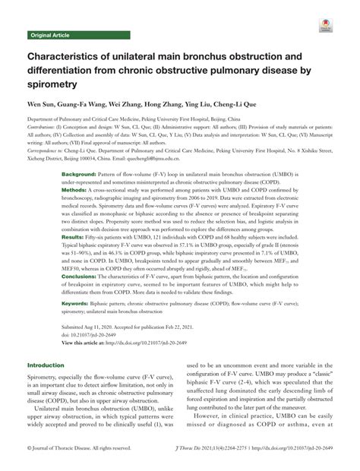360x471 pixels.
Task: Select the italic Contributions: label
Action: click(44, 128)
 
